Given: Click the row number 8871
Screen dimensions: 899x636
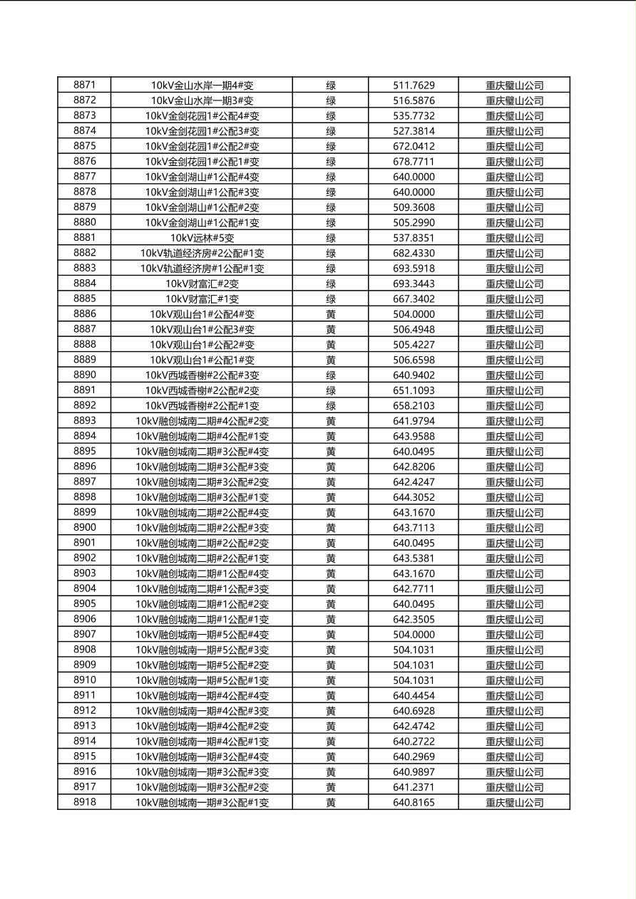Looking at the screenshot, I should point(84,85).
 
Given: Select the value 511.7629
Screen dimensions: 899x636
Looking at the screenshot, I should point(414,85).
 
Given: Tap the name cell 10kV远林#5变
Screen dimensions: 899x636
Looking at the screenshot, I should point(202,238).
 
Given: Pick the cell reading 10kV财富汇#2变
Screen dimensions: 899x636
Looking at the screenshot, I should point(202,284).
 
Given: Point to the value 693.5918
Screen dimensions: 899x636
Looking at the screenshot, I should point(414,269).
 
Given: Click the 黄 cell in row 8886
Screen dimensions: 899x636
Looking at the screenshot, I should point(331,314).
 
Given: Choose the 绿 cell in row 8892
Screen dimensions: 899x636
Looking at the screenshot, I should point(331,405).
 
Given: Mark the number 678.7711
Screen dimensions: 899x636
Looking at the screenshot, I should point(414,162).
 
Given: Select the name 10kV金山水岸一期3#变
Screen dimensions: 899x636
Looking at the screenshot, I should point(202,100).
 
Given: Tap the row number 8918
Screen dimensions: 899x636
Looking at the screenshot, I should point(84,802).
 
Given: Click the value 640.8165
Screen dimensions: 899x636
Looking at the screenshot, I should point(414,802).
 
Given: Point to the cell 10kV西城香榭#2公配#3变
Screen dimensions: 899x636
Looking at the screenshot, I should point(202,375).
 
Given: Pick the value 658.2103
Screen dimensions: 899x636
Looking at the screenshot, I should point(414,405).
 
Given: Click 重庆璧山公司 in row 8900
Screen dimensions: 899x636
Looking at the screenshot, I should point(514,528).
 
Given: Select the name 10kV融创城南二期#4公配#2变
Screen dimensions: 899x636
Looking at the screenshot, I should point(202,421).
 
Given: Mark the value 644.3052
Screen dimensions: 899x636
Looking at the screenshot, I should point(414,497).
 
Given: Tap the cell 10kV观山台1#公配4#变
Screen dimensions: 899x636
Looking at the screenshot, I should point(202,314).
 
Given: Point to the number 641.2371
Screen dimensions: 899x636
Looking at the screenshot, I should point(414,787).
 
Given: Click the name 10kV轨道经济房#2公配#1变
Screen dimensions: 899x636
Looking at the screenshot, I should point(202,253).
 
